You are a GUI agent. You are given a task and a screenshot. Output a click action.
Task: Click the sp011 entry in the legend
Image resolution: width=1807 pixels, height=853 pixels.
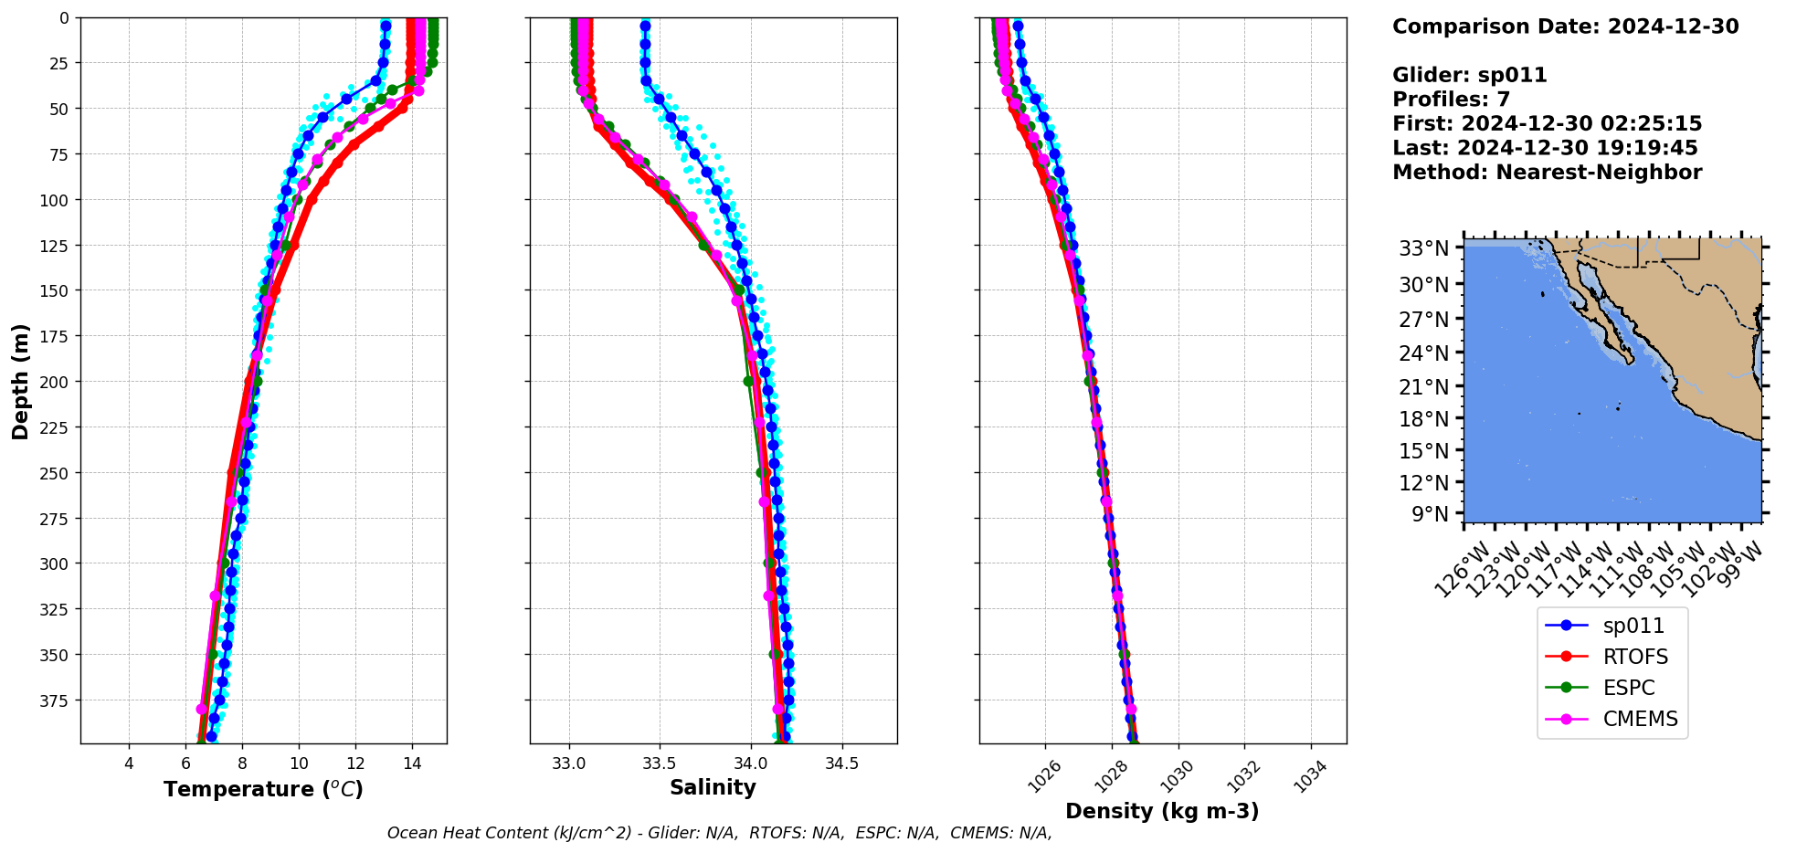tap(1633, 626)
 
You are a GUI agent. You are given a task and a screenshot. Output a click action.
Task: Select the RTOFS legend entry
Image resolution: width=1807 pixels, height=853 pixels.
tap(1635, 657)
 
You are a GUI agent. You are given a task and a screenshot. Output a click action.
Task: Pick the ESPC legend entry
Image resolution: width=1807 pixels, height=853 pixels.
tap(1629, 688)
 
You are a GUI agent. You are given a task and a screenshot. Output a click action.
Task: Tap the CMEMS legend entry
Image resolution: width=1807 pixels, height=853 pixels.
tap(1640, 719)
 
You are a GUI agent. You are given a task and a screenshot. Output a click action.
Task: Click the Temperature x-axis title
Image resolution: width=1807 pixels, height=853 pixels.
tap(263, 789)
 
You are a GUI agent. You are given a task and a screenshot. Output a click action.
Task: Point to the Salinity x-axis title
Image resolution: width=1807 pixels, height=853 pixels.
tap(713, 788)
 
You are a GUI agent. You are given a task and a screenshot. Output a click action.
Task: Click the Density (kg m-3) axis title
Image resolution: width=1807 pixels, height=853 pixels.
tap(1162, 811)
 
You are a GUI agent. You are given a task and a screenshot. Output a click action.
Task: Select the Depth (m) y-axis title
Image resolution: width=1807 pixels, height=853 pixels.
tap(20, 381)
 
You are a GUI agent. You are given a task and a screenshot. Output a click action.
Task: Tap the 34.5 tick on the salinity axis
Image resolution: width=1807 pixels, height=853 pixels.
tap(841, 763)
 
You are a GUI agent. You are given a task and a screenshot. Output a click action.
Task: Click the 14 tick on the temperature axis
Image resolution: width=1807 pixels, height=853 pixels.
tap(412, 763)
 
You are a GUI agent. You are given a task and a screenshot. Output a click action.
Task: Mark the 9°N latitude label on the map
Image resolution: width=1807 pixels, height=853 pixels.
tap(1430, 514)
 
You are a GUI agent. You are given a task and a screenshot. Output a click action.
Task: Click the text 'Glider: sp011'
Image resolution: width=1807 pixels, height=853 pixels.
tap(1469, 75)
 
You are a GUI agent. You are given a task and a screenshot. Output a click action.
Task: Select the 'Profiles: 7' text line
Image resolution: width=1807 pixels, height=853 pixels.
tap(1451, 100)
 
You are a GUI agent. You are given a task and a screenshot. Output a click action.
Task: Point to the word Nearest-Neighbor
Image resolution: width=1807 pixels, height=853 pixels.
tap(1599, 173)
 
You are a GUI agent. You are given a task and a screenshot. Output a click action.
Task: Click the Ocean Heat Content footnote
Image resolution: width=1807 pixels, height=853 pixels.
tap(719, 833)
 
